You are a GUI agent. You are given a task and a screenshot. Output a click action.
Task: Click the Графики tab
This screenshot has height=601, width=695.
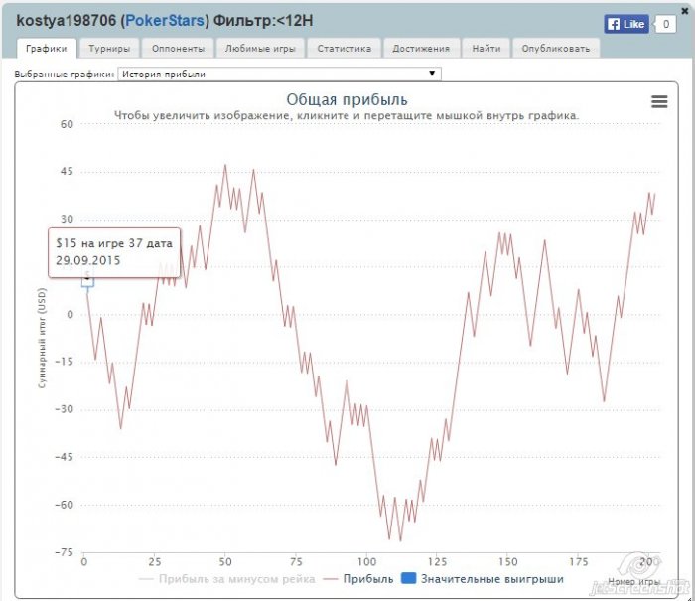tap(47, 48)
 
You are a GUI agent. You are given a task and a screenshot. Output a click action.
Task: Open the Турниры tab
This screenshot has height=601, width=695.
tap(109, 48)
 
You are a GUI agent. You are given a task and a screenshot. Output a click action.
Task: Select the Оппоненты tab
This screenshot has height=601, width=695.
tap(179, 48)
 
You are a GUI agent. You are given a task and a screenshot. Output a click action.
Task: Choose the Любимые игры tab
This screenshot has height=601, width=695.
tap(260, 48)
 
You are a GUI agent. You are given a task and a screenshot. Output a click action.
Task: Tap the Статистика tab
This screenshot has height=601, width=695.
tap(344, 48)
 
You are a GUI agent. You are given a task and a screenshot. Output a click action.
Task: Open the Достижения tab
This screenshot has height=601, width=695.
tap(421, 48)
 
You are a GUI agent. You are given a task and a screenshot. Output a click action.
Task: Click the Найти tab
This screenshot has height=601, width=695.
tap(486, 48)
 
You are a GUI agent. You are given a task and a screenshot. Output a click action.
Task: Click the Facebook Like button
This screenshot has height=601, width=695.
tap(626, 24)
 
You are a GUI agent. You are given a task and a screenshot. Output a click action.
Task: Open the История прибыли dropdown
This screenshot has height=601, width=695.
tap(279, 74)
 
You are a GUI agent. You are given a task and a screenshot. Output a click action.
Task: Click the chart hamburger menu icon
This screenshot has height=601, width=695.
tap(659, 101)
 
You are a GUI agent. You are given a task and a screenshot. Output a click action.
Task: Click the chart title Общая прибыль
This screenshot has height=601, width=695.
tap(347, 99)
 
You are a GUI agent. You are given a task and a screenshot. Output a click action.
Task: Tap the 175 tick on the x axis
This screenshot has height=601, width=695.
tap(580, 560)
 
